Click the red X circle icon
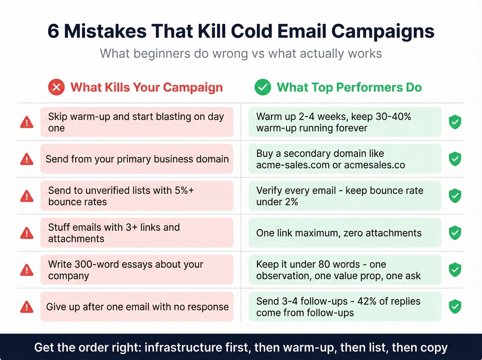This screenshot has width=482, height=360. click(56, 87)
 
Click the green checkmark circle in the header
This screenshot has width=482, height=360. click(263, 87)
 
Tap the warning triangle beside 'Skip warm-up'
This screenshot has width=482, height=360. click(27, 122)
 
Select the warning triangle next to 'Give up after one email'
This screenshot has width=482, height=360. click(27, 307)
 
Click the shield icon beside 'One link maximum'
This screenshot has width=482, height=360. click(455, 233)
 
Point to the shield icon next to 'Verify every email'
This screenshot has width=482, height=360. click(455, 196)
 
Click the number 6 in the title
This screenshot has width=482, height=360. click(53, 31)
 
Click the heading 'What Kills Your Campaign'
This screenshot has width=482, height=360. click(147, 88)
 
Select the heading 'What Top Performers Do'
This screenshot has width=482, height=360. click(349, 88)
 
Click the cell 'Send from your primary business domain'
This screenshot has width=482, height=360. click(137, 159)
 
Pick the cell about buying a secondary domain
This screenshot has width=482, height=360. click(344, 159)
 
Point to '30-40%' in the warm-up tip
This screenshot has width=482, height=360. click(393, 117)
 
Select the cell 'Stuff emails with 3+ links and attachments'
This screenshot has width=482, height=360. click(137, 233)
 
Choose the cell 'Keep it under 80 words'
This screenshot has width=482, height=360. click(344, 270)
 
